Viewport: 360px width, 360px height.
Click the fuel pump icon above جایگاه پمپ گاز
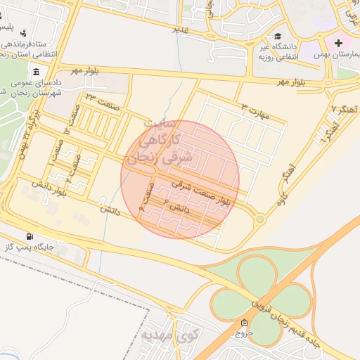tap(29, 236)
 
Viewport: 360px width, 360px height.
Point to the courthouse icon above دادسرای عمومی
tap(35, 72)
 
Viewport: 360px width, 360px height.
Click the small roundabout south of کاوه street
tap(260, 219)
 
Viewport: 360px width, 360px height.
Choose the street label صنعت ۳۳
tap(99, 101)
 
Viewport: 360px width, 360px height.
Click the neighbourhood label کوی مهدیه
tap(171, 335)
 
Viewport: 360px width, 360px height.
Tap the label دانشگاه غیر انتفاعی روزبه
tap(281, 53)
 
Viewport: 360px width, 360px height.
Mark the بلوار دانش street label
tap(53, 189)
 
